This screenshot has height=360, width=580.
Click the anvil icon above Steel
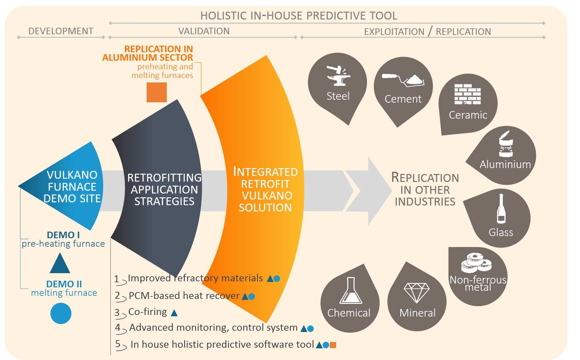coord(338,76)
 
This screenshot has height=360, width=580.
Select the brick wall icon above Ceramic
coord(468,94)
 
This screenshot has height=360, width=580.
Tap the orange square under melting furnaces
coord(157,92)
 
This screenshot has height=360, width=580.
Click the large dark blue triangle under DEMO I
coord(60,263)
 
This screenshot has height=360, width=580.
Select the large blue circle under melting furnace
coord(61,313)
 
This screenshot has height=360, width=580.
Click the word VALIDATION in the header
coord(204,31)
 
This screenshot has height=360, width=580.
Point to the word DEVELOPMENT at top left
coord(61,31)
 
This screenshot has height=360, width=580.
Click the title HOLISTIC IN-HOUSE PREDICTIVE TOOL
coord(299,16)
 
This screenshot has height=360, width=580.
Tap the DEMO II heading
coord(64,284)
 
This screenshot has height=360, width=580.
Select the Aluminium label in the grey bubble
coord(505,164)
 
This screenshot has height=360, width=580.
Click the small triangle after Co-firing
coord(174,312)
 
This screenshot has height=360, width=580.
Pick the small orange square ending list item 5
coord(333,345)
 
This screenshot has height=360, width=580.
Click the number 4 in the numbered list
coord(118,327)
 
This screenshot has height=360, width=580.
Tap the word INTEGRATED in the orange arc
coord(265,172)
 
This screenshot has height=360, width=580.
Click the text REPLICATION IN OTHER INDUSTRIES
coord(425,189)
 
